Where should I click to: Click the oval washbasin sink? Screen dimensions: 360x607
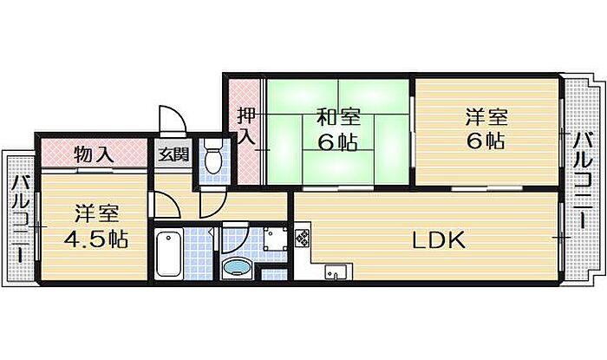click(x=236, y=267)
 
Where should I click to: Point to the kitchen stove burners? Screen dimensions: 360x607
click(x=302, y=236)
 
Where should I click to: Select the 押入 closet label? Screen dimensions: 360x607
click(x=247, y=126)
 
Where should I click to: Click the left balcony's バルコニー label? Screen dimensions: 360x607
click(x=20, y=219)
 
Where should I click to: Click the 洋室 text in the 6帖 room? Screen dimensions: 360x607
click(x=485, y=116)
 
